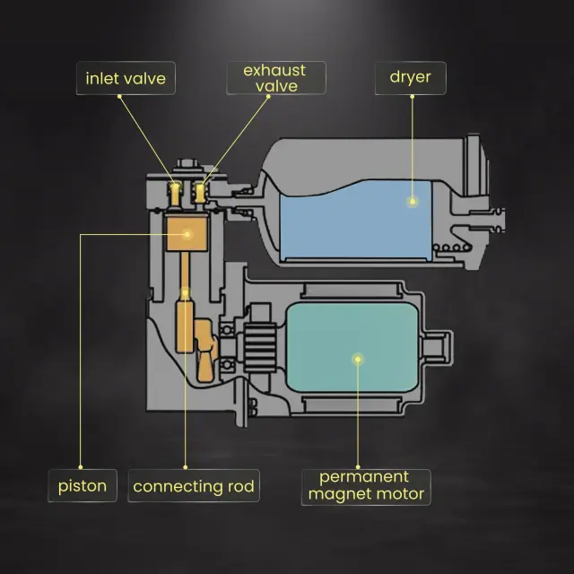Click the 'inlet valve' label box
point(126,78)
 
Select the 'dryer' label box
point(410,77)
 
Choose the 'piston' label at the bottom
point(83,487)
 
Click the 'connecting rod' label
point(194,487)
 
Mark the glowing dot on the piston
point(187,233)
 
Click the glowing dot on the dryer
point(412,202)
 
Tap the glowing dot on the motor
point(358,360)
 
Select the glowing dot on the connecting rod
point(186,291)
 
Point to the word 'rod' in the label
point(239,487)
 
